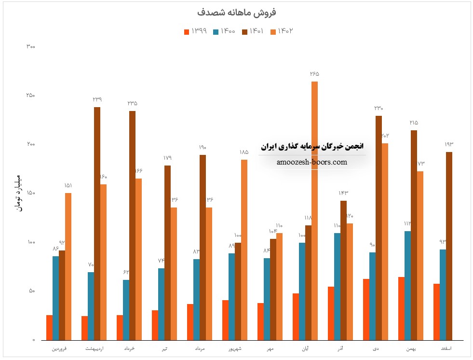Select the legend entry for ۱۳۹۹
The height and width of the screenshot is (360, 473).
click(x=195, y=31)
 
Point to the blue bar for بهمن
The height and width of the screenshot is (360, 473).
click(x=407, y=285)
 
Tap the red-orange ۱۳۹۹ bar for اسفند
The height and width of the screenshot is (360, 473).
click(x=436, y=312)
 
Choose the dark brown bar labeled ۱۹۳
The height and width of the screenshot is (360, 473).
click(x=449, y=246)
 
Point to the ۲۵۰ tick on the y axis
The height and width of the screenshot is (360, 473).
click(x=30, y=96)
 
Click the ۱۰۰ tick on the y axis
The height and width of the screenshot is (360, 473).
click(x=30, y=242)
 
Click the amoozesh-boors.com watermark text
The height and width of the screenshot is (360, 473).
click(x=312, y=162)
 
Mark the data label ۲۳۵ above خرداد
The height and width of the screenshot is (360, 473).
click(x=132, y=103)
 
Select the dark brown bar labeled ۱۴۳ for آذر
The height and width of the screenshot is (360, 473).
click(x=343, y=270)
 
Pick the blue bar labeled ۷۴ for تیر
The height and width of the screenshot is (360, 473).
click(x=161, y=304)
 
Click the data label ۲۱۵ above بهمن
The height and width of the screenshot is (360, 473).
click(x=414, y=123)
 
